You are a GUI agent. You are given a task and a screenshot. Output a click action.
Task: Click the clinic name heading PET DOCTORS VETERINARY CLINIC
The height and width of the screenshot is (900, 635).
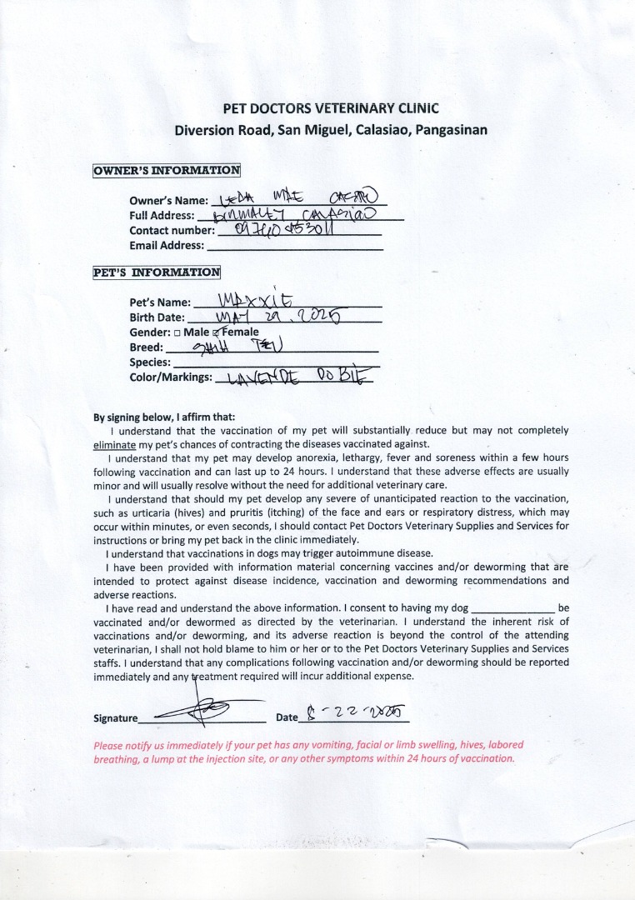[331, 108]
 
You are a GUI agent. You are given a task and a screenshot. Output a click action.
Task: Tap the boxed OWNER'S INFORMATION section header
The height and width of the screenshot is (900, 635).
[167, 171]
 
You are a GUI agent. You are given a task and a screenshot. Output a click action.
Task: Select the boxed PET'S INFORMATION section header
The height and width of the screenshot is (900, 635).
[157, 272]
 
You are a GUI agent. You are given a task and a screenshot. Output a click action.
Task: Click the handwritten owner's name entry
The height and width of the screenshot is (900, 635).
[296, 198]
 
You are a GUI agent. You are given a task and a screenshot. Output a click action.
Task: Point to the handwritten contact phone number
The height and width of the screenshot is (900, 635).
[284, 230]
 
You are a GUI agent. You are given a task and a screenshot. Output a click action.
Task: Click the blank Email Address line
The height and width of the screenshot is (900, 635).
[295, 247]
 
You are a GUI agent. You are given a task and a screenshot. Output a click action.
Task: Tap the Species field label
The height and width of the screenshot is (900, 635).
[150, 362]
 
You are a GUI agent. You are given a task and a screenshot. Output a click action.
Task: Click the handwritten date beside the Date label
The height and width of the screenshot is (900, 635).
[354, 714]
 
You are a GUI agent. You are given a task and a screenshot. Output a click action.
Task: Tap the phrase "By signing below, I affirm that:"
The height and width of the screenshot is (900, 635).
[164, 417]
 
